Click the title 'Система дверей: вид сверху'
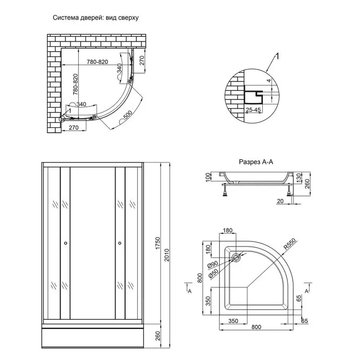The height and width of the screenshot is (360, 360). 96,18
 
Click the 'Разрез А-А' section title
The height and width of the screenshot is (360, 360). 256,162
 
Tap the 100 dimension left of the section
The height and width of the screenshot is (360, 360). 207,177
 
